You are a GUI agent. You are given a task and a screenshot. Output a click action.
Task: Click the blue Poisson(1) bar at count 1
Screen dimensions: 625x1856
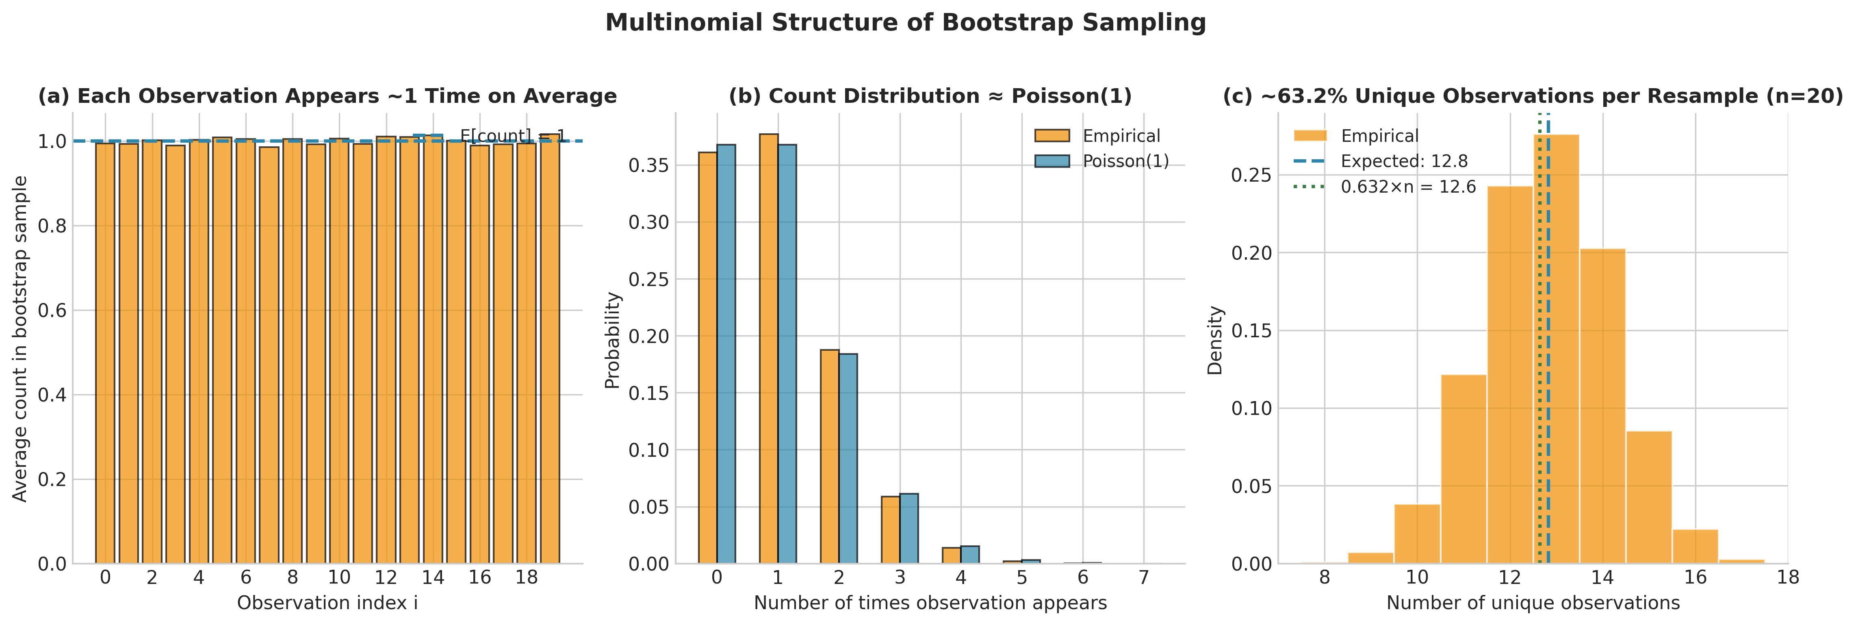(x=787, y=353)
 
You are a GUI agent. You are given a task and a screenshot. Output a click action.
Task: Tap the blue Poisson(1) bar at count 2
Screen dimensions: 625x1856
(x=848, y=458)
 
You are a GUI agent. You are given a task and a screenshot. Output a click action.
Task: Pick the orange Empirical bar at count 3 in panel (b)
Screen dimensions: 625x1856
(x=891, y=530)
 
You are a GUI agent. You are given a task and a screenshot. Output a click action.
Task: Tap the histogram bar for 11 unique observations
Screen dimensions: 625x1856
(x=1464, y=469)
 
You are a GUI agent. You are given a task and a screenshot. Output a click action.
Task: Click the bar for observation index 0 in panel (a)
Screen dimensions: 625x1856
(x=105, y=353)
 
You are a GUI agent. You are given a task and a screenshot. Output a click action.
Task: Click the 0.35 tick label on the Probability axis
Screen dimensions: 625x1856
(x=648, y=166)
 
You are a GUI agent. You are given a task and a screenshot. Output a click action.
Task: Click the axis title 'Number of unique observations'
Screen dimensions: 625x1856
(x=1533, y=603)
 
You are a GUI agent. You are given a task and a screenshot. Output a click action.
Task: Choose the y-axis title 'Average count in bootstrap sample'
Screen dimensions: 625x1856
(x=20, y=339)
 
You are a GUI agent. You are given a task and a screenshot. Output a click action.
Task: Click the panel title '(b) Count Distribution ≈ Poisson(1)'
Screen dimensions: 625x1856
(x=930, y=97)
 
